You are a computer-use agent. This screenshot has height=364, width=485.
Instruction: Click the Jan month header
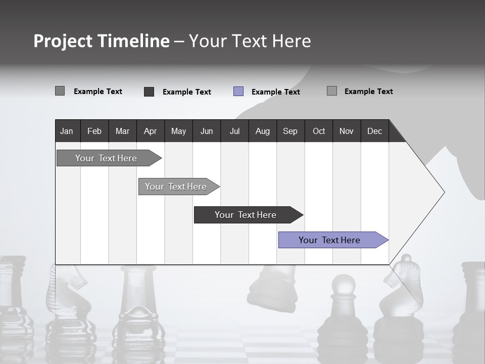coord(67,131)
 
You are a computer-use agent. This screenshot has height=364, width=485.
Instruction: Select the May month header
coord(178,131)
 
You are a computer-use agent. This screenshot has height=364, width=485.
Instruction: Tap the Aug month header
coord(262,131)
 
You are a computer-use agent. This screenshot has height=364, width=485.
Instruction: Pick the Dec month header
coord(374,131)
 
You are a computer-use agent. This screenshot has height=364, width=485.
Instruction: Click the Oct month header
coord(319,131)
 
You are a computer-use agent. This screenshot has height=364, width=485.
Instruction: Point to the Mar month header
coord(122,131)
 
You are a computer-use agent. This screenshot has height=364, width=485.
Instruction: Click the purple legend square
coord(238,92)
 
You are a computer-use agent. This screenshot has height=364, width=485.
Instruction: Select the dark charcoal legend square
coord(149,92)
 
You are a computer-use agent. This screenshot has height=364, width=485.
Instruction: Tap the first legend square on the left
coord(60,91)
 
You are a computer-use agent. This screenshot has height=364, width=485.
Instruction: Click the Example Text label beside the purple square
coord(275,92)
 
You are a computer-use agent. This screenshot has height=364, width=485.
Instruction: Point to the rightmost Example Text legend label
coord(368,92)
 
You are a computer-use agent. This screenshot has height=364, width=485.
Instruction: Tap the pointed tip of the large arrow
coord(443,192)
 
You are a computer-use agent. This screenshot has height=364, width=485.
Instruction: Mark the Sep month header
coord(290,131)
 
